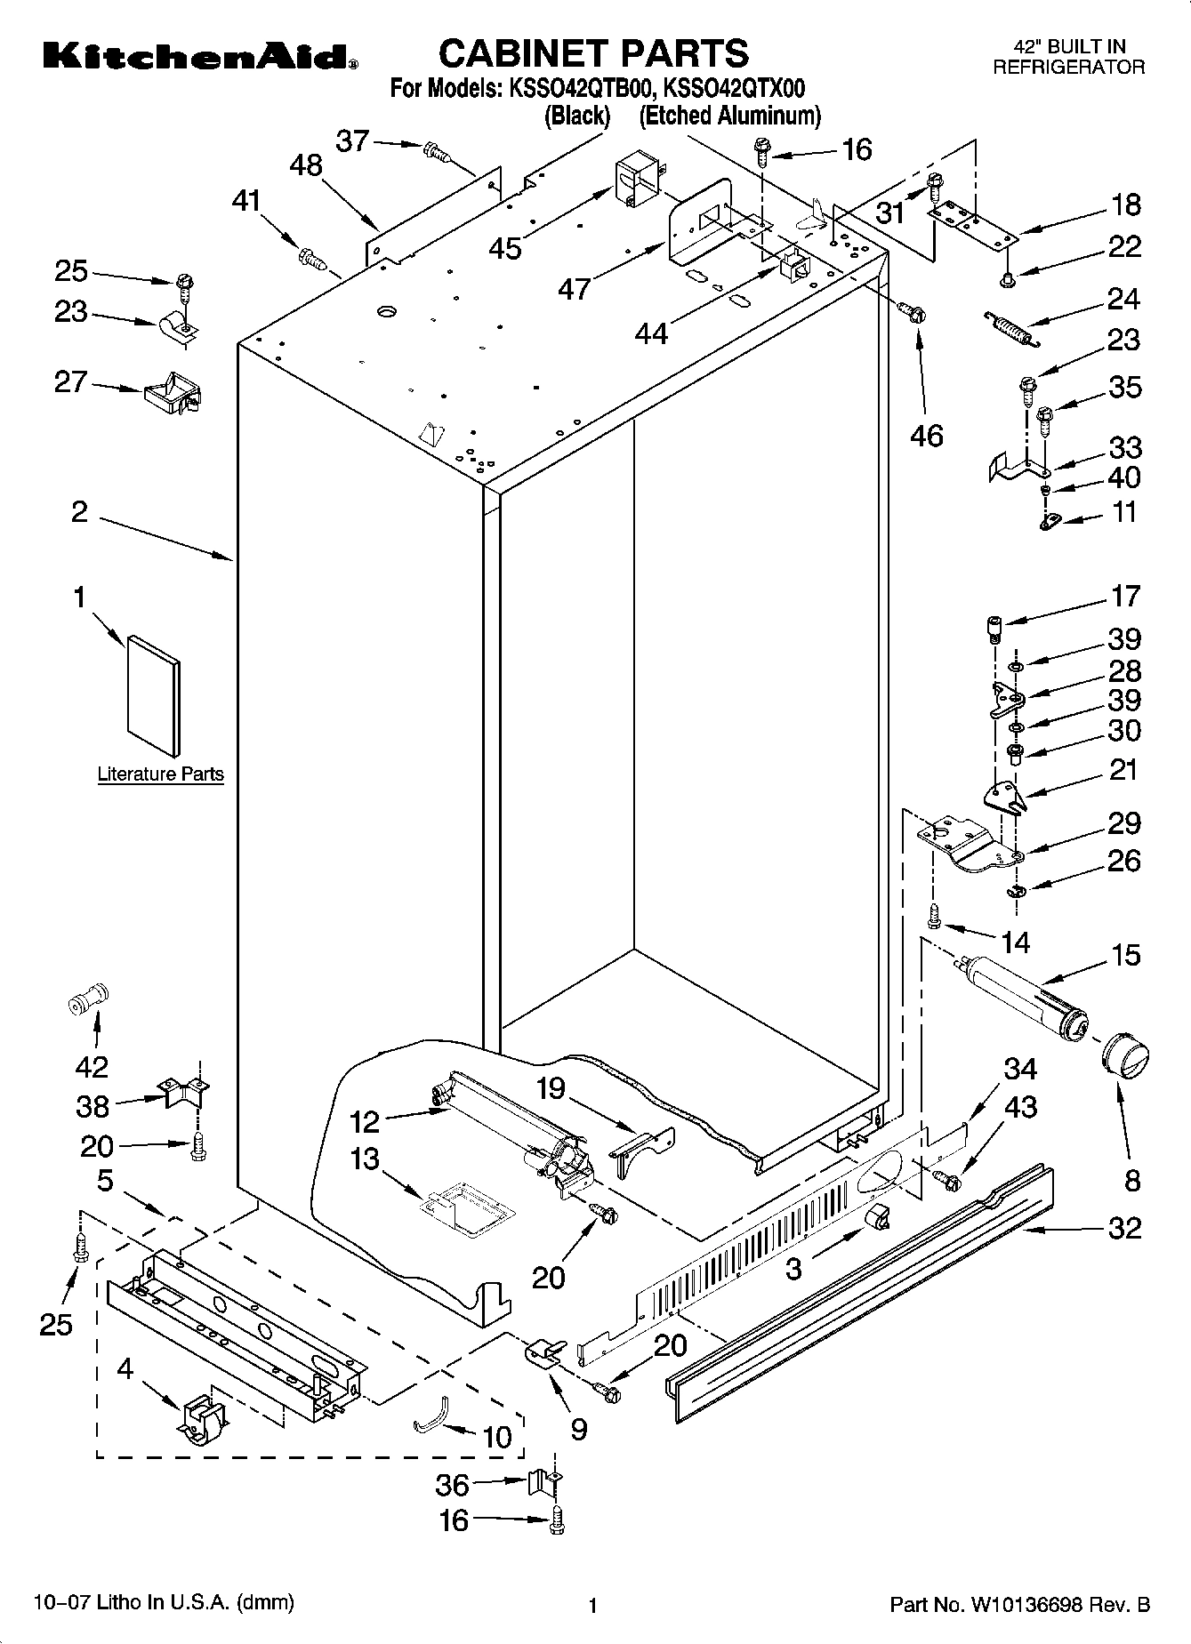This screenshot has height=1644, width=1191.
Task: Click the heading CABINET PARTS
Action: click(593, 53)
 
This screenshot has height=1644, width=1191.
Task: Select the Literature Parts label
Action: click(160, 774)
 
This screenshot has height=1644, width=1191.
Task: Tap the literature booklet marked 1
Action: click(152, 695)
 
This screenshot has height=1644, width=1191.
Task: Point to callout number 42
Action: click(93, 1065)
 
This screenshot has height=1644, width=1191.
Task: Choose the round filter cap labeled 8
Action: click(1125, 1061)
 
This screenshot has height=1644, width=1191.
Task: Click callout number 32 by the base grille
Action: click(1125, 1228)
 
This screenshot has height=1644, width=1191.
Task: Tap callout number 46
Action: click(927, 436)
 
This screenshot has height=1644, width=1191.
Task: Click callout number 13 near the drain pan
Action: click(365, 1159)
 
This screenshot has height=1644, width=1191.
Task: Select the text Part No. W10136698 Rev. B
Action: click(1020, 1605)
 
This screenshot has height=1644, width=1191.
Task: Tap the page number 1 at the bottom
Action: click(591, 1606)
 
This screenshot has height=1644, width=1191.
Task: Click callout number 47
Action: click(575, 288)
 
